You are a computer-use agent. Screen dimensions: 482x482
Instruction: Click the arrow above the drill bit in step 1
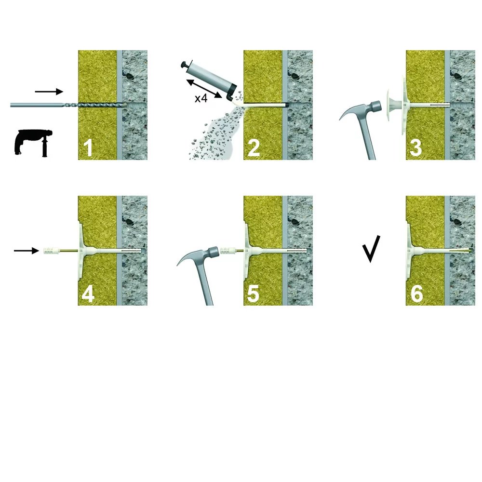(49, 91)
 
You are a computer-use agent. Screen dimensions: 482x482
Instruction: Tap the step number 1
(88, 148)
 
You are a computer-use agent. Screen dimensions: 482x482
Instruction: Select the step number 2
(254, 148)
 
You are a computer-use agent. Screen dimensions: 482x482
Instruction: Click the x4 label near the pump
(201, 98)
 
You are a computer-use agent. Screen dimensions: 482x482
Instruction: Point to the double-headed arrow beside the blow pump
(204, 89)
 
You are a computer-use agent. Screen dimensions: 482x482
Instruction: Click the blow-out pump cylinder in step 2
(213, 79)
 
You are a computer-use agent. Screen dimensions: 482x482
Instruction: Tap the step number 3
(416, 148)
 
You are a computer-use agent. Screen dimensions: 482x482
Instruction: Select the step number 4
(88, 294)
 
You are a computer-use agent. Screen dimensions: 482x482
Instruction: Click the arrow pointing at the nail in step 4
(27, 251)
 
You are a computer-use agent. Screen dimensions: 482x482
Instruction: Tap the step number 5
(254, 294)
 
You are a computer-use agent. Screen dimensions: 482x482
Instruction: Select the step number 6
(417, 294)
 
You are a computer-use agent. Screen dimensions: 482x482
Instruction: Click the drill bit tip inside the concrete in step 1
(125, 105)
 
